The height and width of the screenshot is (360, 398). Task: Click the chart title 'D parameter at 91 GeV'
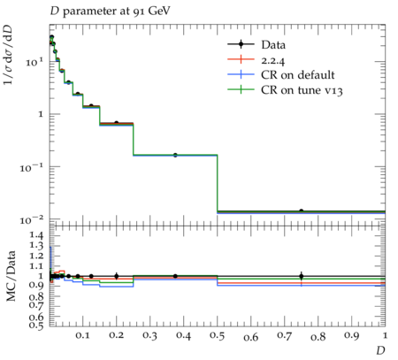click(110, 11)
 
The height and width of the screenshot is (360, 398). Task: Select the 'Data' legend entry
click(273, 45)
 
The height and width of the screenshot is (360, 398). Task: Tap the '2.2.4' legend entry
click(273, 60)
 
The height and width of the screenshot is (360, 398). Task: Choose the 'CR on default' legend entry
click(298, 75)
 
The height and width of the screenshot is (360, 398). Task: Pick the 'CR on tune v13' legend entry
click(302, 90)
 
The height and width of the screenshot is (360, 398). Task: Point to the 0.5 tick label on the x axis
click(217, 336)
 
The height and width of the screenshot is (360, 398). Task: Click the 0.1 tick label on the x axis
click(82, 335)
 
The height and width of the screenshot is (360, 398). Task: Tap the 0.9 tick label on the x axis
click(351, 336)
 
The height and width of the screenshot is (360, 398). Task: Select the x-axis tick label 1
click(385, 335)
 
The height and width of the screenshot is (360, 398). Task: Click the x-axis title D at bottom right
click(380, 350)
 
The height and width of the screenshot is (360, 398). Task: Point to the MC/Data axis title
click(11, 276)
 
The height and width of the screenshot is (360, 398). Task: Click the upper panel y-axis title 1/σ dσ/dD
click(8, 54)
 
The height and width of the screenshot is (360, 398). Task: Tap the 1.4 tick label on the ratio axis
click(36, 235)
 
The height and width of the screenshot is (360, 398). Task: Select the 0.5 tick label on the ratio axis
click(36, 326)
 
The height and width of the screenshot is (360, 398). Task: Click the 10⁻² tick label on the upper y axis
click(31, 220)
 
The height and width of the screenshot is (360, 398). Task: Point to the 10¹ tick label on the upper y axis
click(34, 63)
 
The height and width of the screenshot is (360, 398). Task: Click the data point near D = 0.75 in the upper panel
click(301, 211)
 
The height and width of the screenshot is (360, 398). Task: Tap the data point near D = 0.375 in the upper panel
click(175, 155)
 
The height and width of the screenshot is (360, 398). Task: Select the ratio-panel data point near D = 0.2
click(117, 276)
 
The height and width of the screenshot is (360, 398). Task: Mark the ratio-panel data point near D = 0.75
click(301, 276)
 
